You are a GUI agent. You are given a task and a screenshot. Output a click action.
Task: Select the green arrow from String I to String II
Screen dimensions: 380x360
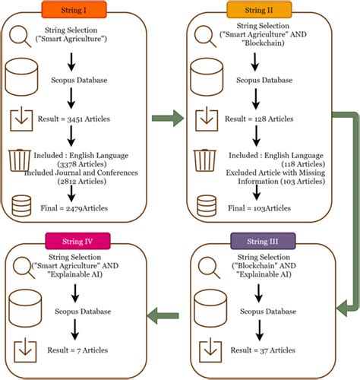168,118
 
